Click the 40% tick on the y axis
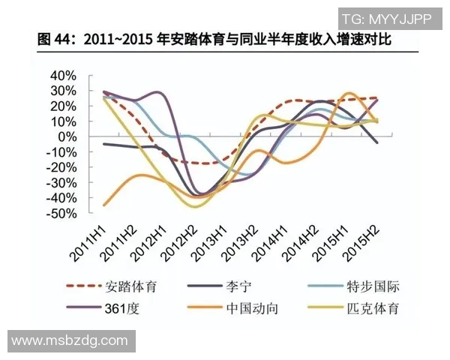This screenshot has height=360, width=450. pyautogui.click(x=62, y=76)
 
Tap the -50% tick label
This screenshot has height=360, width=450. pyautogui.click(x=60, y=214)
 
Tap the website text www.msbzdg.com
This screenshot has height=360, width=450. pyautogui.click(x=70, y=340)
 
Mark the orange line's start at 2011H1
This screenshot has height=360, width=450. pyautogui.click(x=103, y=204)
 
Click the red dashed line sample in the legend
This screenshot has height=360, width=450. pyautogui.click(x=85, y=286)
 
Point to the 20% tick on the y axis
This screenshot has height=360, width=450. pyautogui.click(x=62, y=106)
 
